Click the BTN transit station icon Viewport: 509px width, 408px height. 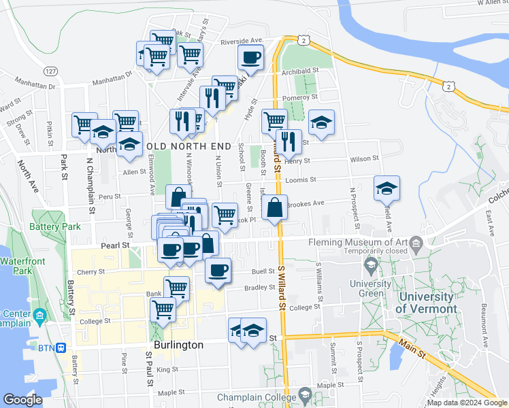pyautogui.click(x=61, y=347)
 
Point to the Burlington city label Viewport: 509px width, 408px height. pyautogui.click(x=178, y=345)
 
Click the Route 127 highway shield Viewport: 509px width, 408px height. pyautogui.click(x=50, y=71)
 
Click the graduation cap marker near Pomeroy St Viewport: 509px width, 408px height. pyautogui.click(x=321, y=122)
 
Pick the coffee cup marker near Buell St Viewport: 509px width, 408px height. pyautogui.click(x=218, y=271)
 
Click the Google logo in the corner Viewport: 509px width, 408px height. pyautogui.click(x=23, y=400)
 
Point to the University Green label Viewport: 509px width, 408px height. pyautogui.click(x=371, y=288)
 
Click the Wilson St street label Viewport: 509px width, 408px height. pyautogui.click(x=364, y=158)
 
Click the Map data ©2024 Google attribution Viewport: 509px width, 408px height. pyautogui.click(x=467, y=403)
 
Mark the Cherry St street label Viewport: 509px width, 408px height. pyautogui.click(x=91, y=271)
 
